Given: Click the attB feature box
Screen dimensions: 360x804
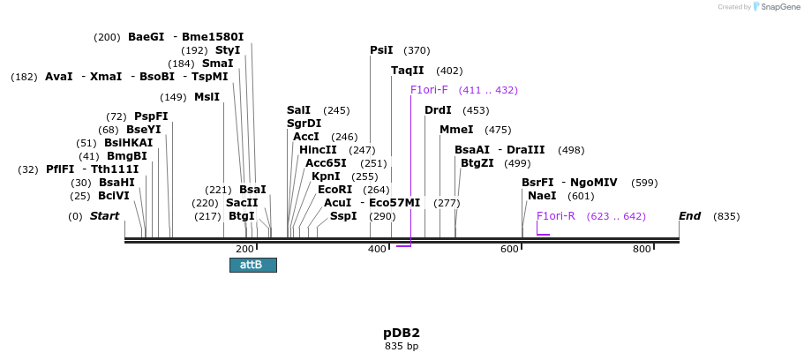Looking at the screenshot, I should [252, 265].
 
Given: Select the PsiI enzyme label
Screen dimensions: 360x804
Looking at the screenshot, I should [381, 50].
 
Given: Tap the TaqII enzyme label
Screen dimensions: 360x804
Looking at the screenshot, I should [408, 71].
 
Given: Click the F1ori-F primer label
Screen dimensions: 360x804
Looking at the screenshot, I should [429, 90].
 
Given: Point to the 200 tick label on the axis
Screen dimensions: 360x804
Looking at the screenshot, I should [244, 250].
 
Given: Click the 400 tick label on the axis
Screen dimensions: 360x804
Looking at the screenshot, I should [377, 250].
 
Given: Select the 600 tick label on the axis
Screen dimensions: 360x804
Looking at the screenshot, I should [509, 250].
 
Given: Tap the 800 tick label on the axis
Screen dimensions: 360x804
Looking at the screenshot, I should [642, 250].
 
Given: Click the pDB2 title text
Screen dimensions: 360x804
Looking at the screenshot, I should [402, 333].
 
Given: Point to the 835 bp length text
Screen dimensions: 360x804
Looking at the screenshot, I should [402, 347].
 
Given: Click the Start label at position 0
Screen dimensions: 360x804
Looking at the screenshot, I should [104, 216].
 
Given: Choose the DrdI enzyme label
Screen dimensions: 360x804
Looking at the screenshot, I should [438, 110].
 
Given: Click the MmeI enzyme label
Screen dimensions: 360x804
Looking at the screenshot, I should [456, 130].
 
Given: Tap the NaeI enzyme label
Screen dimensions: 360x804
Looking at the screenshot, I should [542, 196].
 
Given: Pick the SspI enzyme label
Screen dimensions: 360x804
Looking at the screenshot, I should [343, 216].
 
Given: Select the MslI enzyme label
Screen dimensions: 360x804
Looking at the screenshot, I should [207, 97].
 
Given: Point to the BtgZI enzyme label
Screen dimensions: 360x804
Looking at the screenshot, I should [477, 163].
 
